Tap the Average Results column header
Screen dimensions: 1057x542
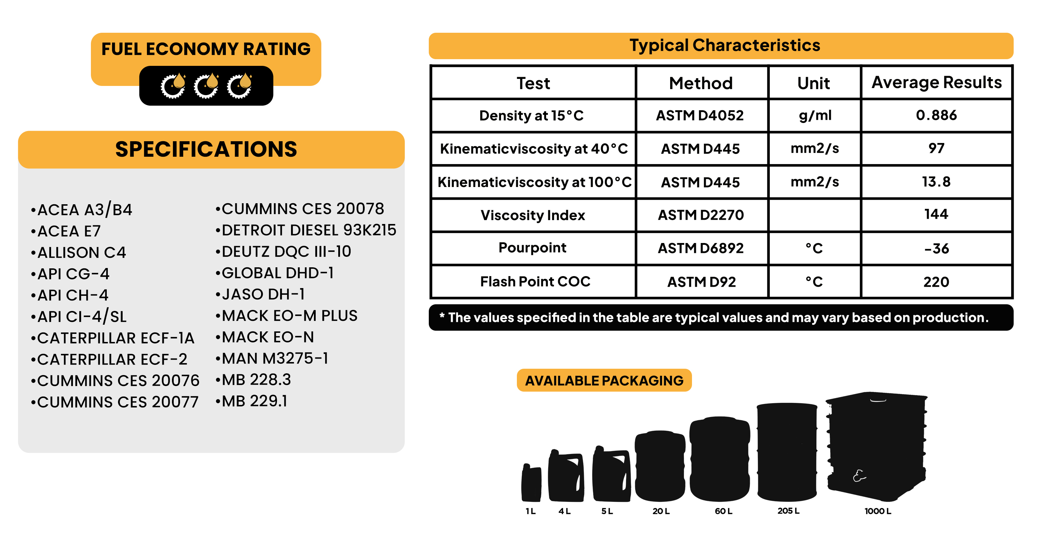tap(937, 82)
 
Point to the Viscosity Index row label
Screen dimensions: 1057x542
tap(533, 215)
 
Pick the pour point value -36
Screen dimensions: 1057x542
tap(937, 248)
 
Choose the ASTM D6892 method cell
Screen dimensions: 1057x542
tap(700, 248)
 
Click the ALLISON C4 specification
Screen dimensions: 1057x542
tap(78, 252)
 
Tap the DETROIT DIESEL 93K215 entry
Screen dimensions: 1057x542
tap(306, 230)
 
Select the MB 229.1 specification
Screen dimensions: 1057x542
tap(251, 401)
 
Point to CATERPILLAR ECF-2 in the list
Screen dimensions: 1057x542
tap(109, 360)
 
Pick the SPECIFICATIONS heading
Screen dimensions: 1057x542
tap(206, 149)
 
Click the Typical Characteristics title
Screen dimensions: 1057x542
tap(725, 45)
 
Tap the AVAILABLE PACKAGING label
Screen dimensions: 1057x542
tap(604, 380)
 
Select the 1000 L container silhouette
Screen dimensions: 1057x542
tap(877, 447)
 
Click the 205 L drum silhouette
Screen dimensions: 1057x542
tap(787, 452)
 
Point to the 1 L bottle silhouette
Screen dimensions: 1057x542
tap(531, 483)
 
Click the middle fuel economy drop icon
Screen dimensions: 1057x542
tap(206, 86)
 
